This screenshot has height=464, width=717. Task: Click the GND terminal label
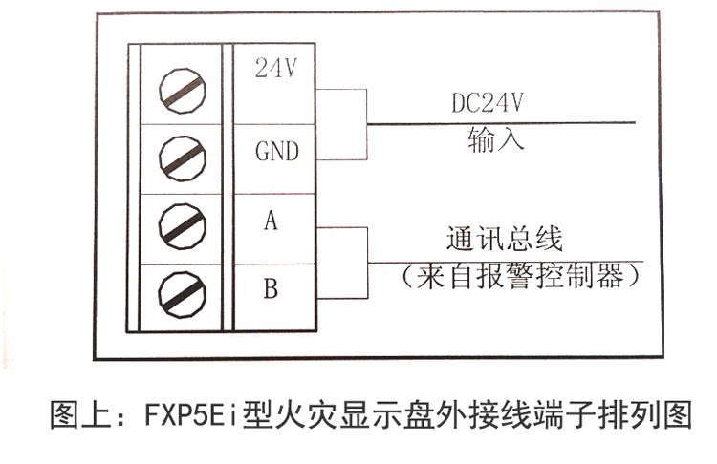click(x=276, y=151)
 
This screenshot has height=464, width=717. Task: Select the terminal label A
click(x=271, y=222)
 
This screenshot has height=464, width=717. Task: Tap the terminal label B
click(x=271, y=287)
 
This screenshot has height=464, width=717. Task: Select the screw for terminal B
click(x=181, y=291)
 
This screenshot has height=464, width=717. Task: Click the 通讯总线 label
click(x=505, y=239)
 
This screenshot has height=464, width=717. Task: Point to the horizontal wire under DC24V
click(x=497, y=122)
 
